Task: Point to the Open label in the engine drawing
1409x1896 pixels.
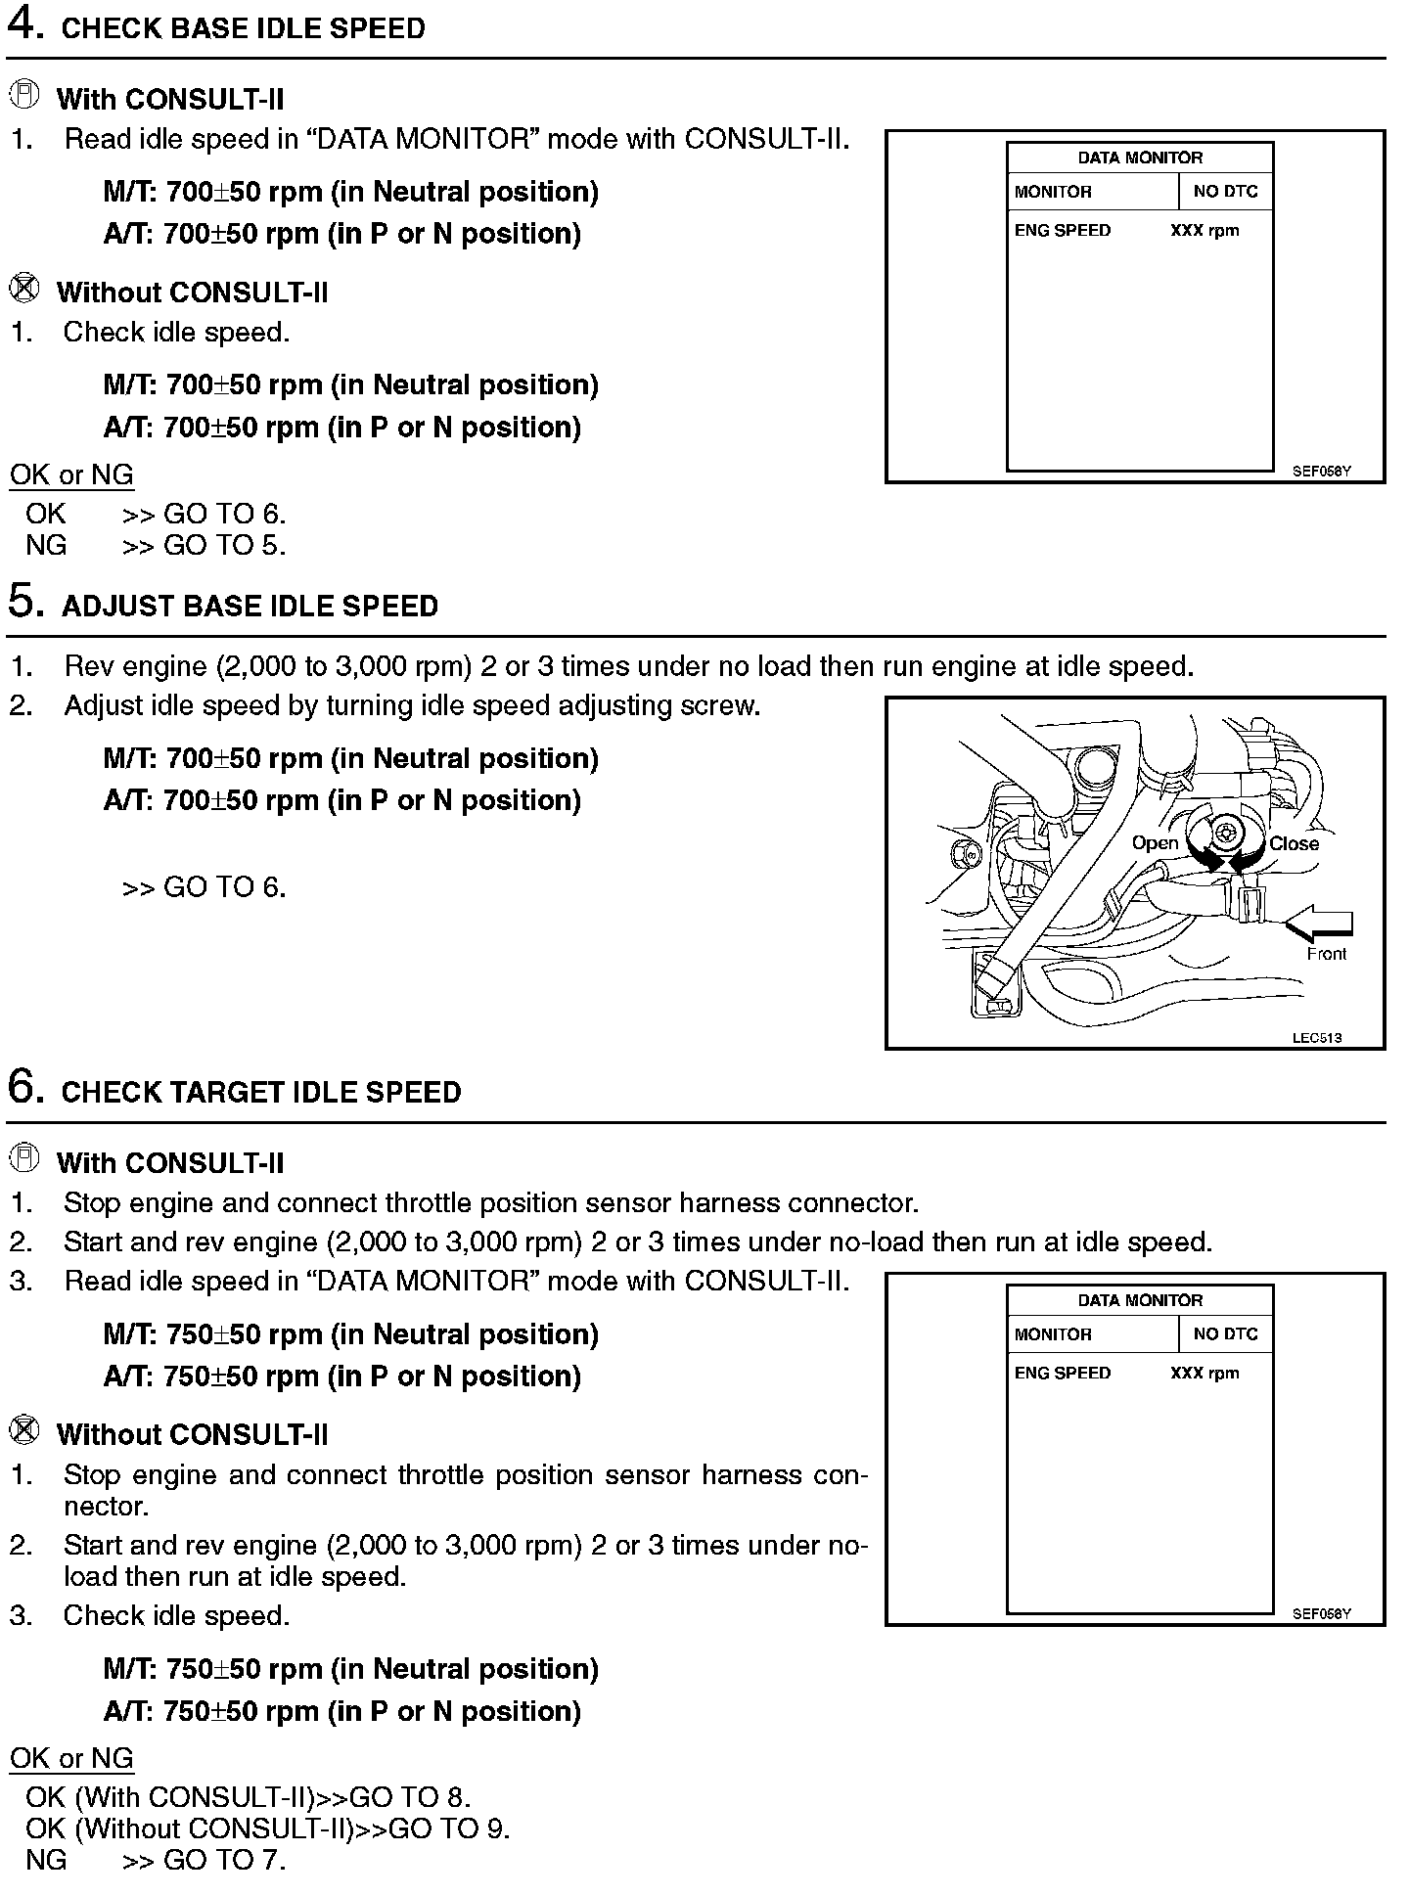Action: [x=1155, y=843]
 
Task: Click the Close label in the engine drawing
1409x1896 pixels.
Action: [x=1294, y=843]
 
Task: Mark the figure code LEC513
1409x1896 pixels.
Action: [x=1316, y=1038]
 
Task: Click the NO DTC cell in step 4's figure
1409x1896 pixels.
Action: [x=1225, y=192]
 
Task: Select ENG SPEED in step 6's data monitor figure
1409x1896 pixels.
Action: [x=1063, y=1374]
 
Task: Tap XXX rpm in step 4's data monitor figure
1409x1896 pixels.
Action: [x=1204, y=231]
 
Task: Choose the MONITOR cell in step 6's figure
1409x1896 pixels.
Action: [x=1053, y=1334]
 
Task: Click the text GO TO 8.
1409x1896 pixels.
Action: [x=410, y=1797]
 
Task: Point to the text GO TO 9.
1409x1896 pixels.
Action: [x=449, y=1828]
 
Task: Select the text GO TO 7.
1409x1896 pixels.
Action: [x=225, y=1860]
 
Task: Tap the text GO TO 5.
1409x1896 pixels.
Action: [x=225, y=545]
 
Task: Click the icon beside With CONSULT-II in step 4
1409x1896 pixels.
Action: [x=24, y=96]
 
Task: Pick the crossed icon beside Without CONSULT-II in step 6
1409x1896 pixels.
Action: [x=24, y=1431]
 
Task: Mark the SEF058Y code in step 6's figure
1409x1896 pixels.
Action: [x=1321, y=1613]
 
